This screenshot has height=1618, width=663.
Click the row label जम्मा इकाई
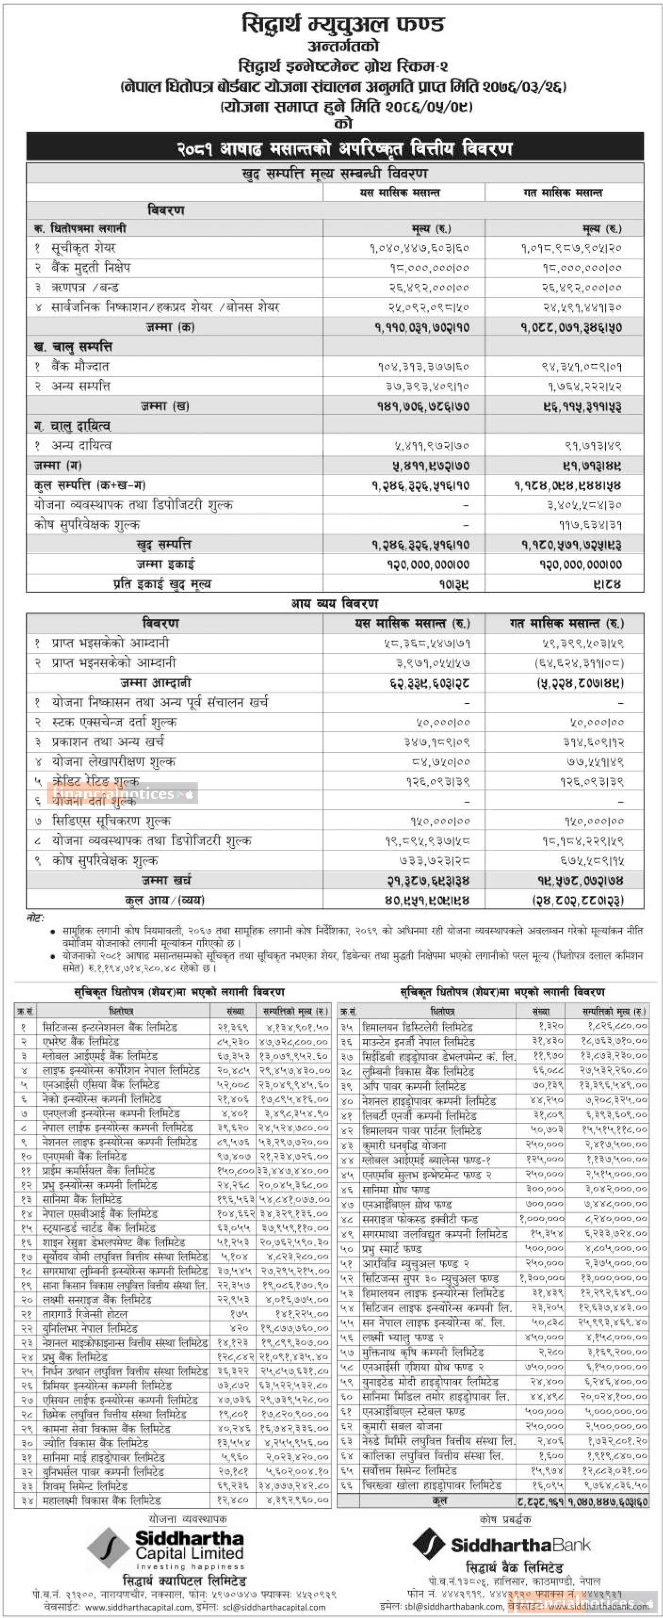coord(165,564)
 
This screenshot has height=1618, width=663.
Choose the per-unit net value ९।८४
coord(608,584)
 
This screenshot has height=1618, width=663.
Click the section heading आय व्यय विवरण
coord(334,604)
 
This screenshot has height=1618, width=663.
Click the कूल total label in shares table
coord(439,1500)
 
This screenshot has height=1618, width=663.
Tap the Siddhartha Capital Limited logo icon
coord(108,1548)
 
